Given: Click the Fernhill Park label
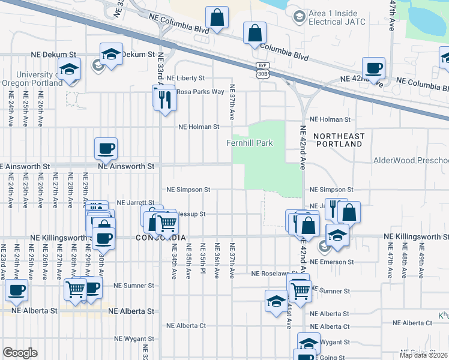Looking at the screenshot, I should (249, 143).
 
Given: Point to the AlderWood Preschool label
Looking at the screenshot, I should (411, 160).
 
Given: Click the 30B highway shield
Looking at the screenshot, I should (262, 73).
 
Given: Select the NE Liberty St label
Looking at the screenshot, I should (185, 78).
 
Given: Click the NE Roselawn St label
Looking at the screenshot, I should (271, 274).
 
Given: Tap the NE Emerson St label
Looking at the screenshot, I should (331, 262).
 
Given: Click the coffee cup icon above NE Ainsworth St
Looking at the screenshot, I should (106, 148).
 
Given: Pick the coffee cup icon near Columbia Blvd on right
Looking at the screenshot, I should (373, 68).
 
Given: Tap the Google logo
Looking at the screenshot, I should (20, 353).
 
